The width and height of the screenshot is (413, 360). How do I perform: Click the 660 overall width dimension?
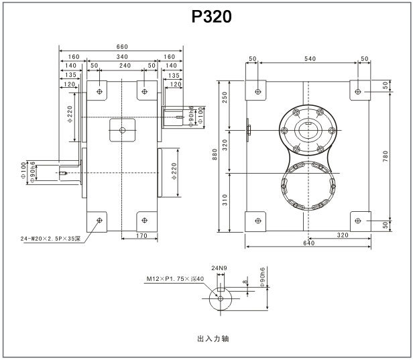pos(121,47)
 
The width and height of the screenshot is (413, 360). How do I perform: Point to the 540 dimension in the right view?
pos(309,59)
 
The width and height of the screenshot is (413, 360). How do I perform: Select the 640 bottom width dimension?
pos(309,243)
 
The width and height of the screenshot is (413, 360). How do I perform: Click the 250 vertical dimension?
pos(225,98)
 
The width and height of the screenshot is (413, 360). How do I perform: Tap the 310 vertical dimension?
pos(225,199)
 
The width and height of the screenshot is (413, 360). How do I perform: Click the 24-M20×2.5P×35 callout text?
pos(50,238)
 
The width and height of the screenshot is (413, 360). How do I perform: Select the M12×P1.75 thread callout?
pos(171,277)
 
